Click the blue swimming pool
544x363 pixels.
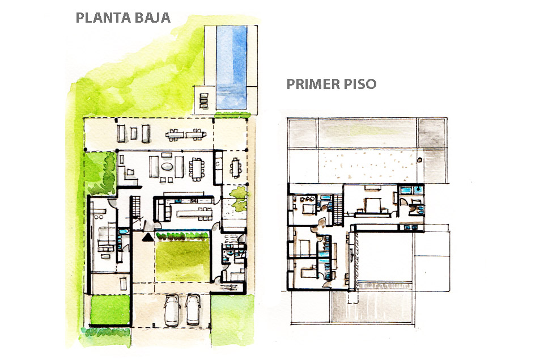(232, 67)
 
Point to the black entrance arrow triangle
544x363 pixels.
(148, 237)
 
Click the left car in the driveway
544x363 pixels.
(172, 310)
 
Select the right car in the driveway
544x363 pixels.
(193, 310)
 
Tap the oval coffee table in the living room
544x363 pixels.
(167, 166)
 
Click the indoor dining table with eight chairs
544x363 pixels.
(197, 169)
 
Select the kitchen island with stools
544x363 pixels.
(194, 212)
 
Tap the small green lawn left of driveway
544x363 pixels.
(109, 310)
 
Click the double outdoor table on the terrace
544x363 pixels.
(186, 134)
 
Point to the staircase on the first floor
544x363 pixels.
(338, 209)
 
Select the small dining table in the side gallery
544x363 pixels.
(236, 168)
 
